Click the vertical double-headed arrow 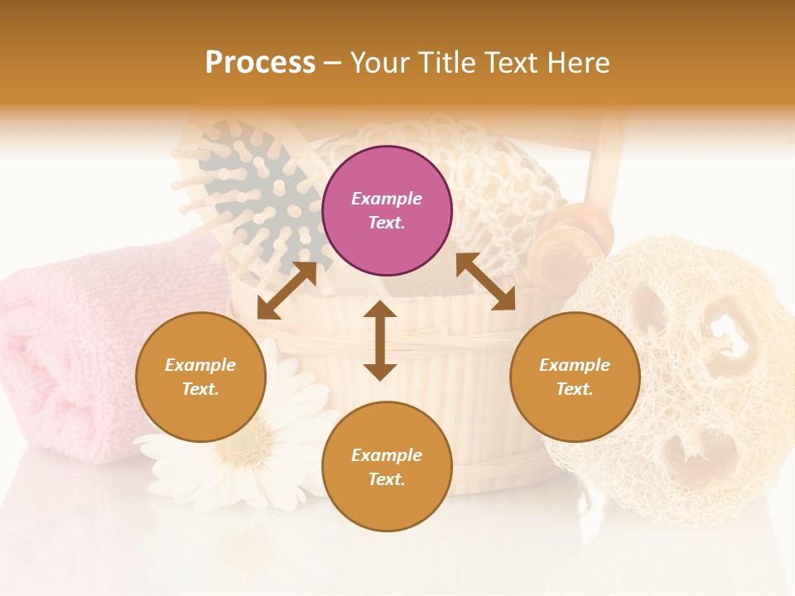point(380,340)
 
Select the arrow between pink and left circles point(287,291)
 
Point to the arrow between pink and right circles point(485,281)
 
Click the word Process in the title point(260,62)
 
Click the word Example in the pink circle point(387,199)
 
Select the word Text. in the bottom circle point(387,479)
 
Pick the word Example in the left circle point(200,365)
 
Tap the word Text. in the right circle point(575,389)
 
